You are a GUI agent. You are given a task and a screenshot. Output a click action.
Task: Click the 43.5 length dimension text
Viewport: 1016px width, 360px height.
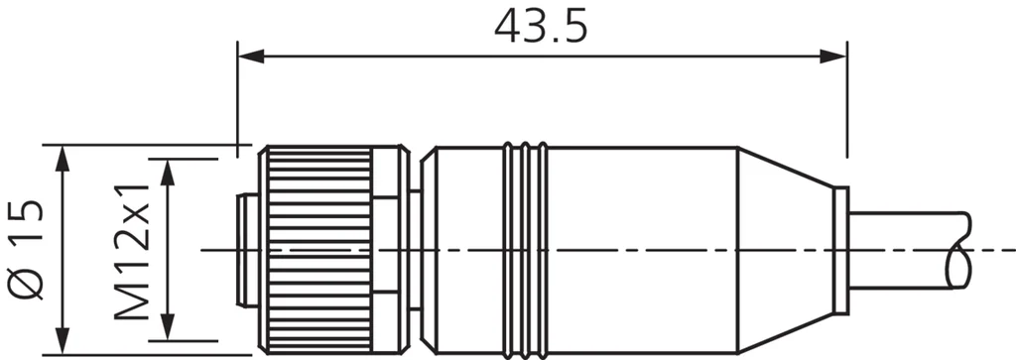point(541,26)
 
